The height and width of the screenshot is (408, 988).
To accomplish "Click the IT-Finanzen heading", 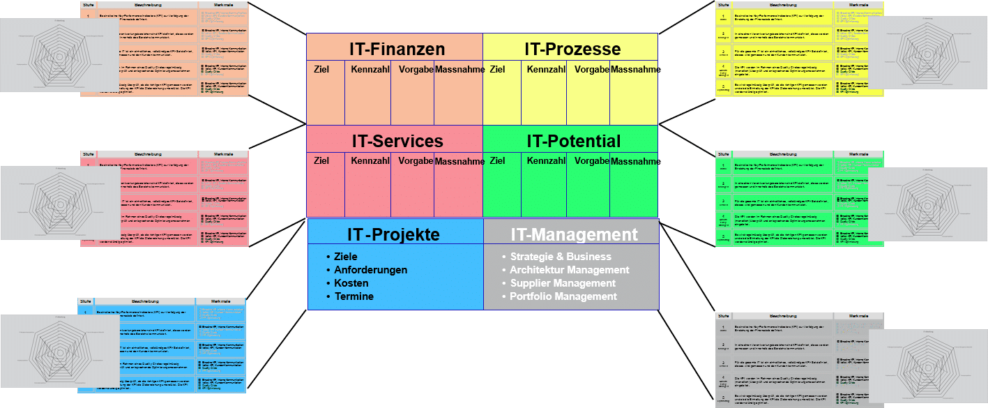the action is point(397,50).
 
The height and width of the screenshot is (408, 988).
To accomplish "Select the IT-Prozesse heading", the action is point(572,50).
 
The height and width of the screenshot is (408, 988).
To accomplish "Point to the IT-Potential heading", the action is point(573,141).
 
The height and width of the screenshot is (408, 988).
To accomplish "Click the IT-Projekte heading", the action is point(393,234).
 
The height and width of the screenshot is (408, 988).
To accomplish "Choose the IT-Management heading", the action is point(574,234).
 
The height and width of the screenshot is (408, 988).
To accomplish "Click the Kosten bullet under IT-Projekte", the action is point(351,283).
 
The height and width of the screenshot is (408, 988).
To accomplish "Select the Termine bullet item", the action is point(354,296).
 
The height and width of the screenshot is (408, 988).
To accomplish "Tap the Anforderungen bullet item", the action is point(371,270).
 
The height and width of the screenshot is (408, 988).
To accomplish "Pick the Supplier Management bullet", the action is point(563,283).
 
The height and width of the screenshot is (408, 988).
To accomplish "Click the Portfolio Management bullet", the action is point(563,296).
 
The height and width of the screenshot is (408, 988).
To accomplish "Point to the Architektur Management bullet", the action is point(570,270).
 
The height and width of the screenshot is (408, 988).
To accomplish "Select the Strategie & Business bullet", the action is point(561,257).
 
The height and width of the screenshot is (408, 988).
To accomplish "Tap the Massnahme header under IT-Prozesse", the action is point(635,70).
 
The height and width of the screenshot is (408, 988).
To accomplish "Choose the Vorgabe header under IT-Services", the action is point(416,161).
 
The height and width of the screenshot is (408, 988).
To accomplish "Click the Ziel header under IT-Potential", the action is point(498,161).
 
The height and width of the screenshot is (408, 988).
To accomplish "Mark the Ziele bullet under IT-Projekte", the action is point(346,257).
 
